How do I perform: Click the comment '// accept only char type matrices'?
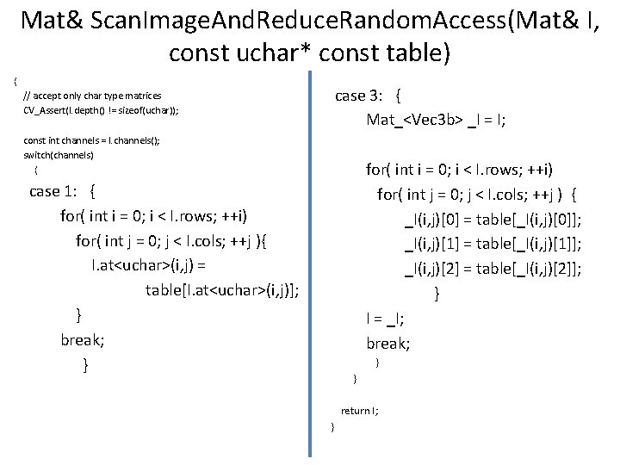tap(92, 96)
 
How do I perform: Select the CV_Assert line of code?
tap(102, 111)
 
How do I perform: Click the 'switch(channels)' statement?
tap(58, 156)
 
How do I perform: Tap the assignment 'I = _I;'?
tap(386, 319)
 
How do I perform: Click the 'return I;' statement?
tap(360, 412)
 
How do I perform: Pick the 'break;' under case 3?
tap(388, 344)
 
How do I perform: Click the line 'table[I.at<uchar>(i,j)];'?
tap(223, 289)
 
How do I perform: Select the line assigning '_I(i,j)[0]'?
tap(493, 220)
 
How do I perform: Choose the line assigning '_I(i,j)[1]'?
tap(493, 245)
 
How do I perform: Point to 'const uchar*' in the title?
tap(229, 53)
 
